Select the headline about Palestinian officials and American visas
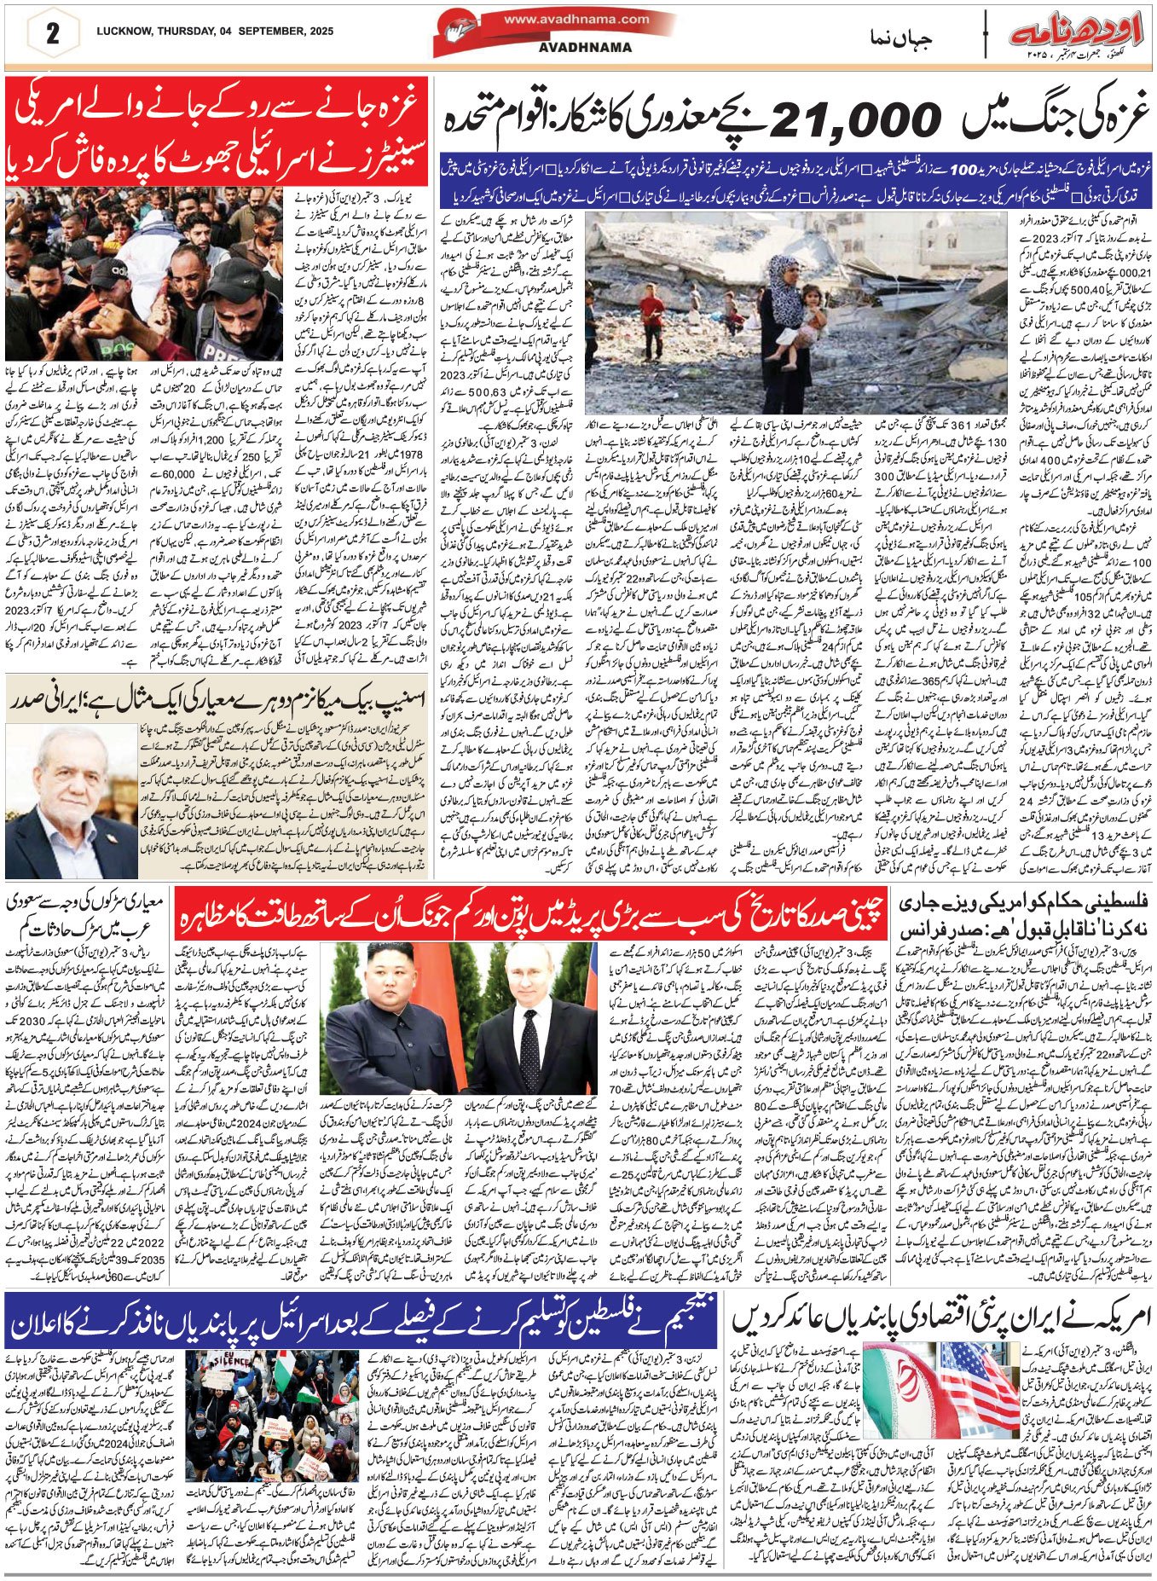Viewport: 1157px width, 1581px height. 1022,913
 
